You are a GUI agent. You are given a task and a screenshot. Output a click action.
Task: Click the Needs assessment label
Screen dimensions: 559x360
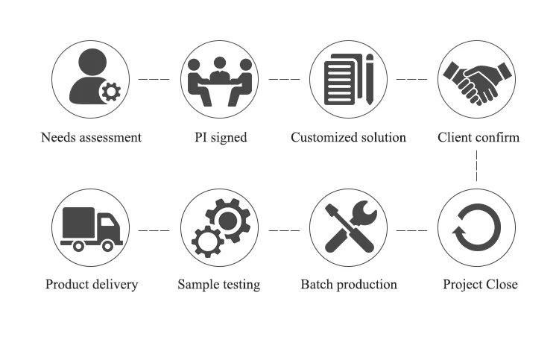tap(91, 137)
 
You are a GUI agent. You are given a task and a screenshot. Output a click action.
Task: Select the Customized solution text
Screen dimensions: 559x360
tap(348, 137)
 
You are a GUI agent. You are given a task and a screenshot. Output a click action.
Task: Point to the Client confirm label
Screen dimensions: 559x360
tap(478, 137)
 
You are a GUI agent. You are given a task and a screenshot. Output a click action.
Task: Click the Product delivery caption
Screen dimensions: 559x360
tap(92, 285)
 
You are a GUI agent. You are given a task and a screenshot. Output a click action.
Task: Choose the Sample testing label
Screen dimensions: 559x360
tap(219, 285)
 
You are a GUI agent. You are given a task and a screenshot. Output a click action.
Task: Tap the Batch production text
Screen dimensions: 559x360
tap(348, 285)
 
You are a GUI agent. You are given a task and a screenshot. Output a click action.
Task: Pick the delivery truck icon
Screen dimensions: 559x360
tap(90, 227)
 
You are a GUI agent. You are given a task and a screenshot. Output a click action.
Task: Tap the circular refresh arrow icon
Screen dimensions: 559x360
tap(477, 227)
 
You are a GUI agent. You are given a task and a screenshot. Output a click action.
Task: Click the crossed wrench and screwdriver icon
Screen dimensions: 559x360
tap(348, 227)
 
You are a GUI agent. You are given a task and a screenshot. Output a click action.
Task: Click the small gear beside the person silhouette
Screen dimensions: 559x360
tap(111, 92)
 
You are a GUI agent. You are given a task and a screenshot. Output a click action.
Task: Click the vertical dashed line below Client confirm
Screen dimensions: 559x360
tap(477, 166)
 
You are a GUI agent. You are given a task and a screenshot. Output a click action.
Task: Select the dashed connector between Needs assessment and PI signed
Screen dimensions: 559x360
tap(154, 78)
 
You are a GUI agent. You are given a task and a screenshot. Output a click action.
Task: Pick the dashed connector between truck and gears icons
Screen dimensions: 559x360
tap(154, 230)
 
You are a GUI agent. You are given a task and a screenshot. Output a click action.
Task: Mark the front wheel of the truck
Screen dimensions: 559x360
tap(107, 245)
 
